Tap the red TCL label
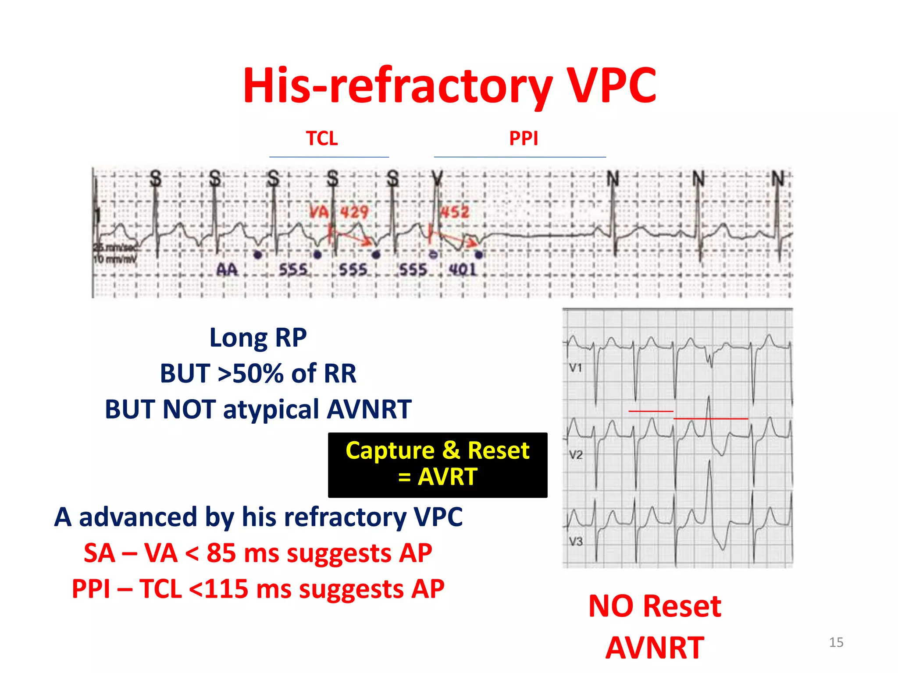pos(322,138)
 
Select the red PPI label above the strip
pos(524,138)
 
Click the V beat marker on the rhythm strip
pos(437,179)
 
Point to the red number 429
pos(354,213)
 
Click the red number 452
pos(455,212)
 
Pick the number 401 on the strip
pos(462,269)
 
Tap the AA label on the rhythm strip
pos(227,269)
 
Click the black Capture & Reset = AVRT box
pos(438,464)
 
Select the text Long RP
pos(258,338)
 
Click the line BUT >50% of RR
pos(258,373)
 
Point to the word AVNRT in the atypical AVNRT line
pos(369,409)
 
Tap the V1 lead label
pos(575,368)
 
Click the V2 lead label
pos(576,455)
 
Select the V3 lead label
pos(576,542)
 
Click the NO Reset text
pos(655,606)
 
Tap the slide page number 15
pos(836,642)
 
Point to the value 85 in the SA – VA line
pos(221,553)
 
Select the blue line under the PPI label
pos(520,157)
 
